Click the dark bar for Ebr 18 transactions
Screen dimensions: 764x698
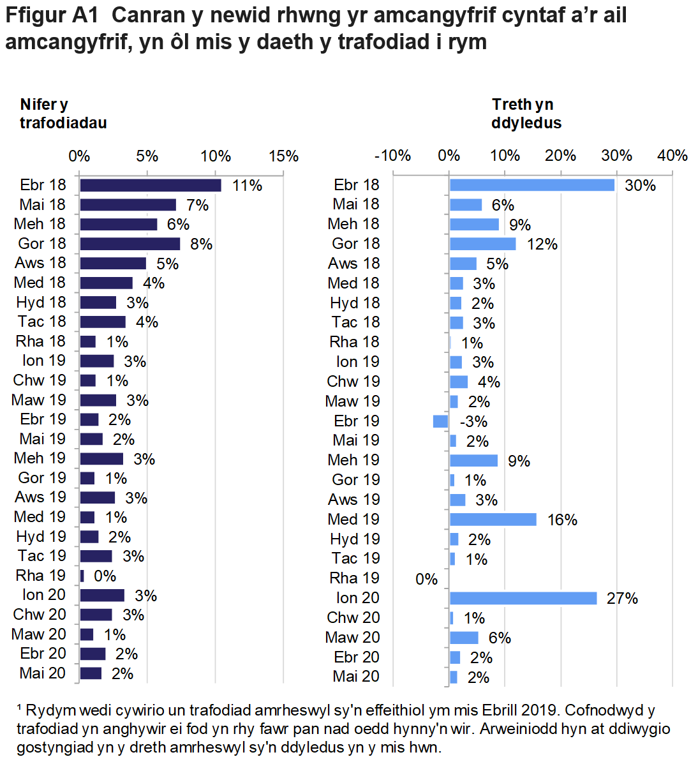coord(151,185)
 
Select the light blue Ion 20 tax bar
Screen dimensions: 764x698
coord(523,598)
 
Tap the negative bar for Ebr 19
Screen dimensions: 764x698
coord(441,421)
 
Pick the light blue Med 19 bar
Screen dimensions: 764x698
coord(493,520)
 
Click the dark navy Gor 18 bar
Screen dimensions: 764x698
coord(130,244)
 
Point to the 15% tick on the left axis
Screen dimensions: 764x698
coord(283,156)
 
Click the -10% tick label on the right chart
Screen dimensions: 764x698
coord(392,156)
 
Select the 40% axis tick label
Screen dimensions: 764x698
coord(672,156)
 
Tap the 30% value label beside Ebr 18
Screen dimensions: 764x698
coord(640,186)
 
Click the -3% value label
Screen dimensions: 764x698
coord(473,422)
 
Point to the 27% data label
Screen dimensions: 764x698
coord(622,599)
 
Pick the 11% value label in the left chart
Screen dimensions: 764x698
coord(247,186)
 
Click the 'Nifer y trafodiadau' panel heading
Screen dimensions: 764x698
coord(63,114)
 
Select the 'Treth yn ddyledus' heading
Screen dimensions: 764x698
coord(526,114)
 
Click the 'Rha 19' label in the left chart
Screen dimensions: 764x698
coord(41,576)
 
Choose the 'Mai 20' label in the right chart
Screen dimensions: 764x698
coord(355,677)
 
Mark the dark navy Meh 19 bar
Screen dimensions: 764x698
coord(101,459)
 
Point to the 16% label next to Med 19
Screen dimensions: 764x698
coord(562,520)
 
